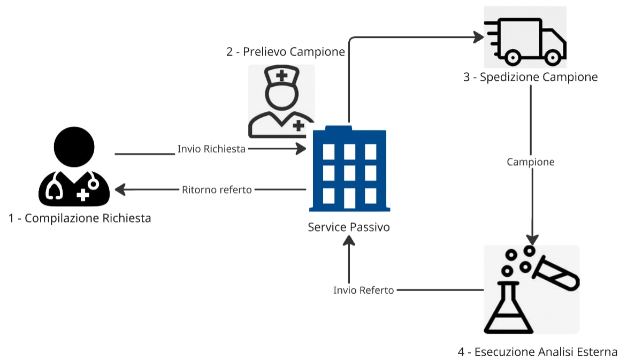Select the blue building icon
(349, 168)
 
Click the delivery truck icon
(525, 41)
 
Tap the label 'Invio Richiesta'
(211, 149)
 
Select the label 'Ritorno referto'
(217, 189)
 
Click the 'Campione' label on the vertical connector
(531, 162)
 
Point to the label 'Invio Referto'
(363, 290)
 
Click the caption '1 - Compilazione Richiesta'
(80, 218)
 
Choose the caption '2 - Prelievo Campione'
(286, 52)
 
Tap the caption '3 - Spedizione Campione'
(530, 77)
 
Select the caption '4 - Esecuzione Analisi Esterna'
(538, 352)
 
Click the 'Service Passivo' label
(348, 227)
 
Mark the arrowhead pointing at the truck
(478, 37)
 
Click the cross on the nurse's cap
(281, 75)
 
